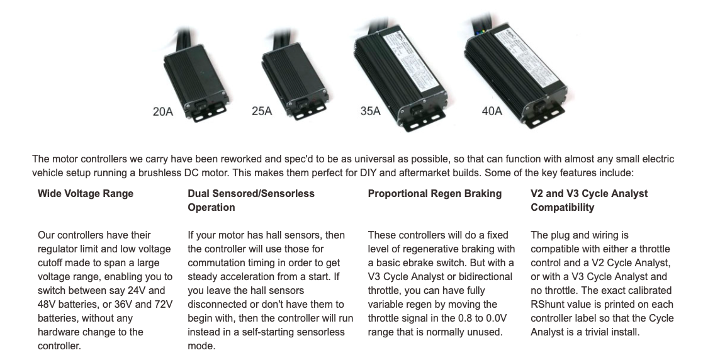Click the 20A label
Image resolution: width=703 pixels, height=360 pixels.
(163, 111)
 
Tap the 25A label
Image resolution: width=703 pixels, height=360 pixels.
(262, 111)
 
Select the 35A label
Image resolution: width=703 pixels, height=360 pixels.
(370, 111)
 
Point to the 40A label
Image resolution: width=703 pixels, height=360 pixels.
(492, 111)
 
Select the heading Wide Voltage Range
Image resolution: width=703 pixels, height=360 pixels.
(86, 194)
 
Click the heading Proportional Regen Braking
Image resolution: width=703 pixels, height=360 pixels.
(435, 194)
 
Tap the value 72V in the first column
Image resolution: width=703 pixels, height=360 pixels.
(163, 305)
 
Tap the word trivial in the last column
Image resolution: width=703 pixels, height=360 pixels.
(599, 332)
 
